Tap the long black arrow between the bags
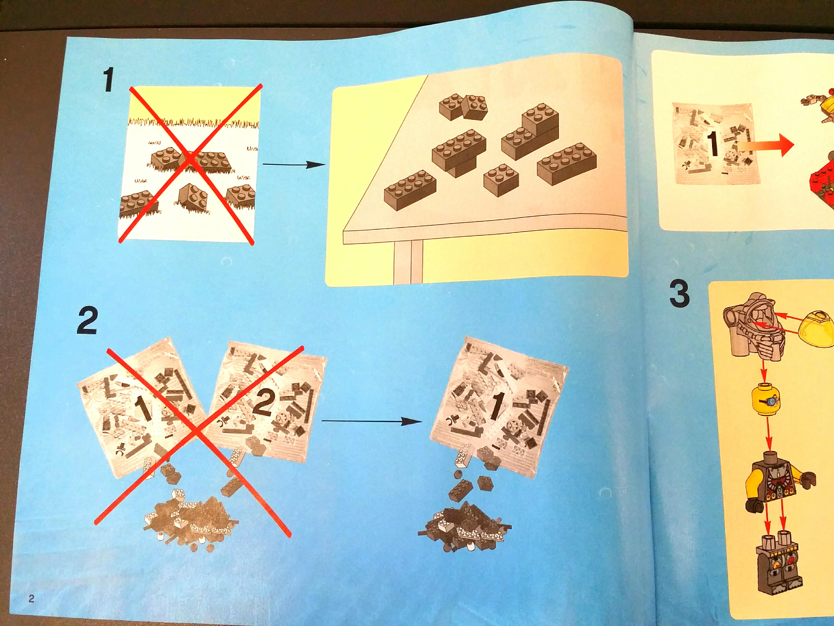(x=371, y=421)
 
